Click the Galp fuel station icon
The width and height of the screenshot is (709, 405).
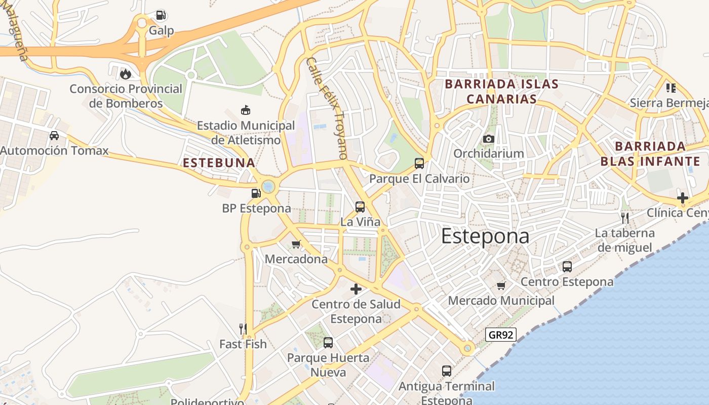coord(161,16)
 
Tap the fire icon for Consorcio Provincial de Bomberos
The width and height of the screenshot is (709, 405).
coord(125,74)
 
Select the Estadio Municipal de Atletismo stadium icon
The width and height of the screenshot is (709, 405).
coord(246,110)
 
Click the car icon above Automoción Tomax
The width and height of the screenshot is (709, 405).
coord(54,136)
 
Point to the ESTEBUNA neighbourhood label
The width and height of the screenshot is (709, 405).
coord(219,163)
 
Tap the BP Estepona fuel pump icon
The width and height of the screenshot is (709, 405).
coord(256,193)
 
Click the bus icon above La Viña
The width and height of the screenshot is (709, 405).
coord(360,207)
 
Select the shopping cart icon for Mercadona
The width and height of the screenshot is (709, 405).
coord(296,245)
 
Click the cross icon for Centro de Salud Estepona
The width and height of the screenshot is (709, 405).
coord(356,289)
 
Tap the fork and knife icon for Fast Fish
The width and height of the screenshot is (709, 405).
coord(243,329)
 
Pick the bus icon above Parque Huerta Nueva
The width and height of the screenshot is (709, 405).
coord(328,343)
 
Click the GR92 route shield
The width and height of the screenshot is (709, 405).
coord(500,334)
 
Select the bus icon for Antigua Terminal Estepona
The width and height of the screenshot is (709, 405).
coord(446,371)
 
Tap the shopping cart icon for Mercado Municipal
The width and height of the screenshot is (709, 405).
coord(501,286)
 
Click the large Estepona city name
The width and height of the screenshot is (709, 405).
coord(485,236)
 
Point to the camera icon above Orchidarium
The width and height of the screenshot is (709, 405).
coord(489,139)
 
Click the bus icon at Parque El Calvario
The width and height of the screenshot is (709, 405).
coord(419,163)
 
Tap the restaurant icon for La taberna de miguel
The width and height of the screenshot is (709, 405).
coord(625,218)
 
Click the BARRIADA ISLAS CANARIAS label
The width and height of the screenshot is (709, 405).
coord(501,92)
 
